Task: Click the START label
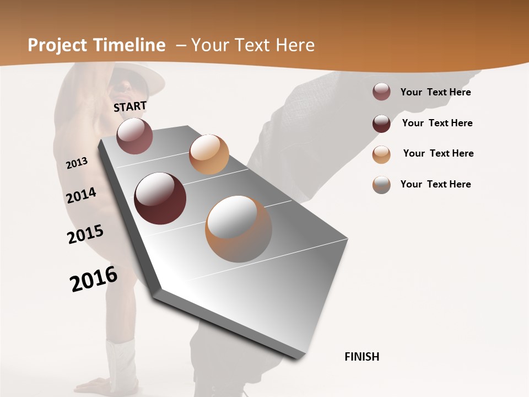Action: click(x=130, y=106)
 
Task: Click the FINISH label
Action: click(x=362, y=357)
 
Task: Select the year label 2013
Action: click(x=77, y=163)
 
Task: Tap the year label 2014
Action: click(x=81, y=196)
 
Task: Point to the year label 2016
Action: click(x=94, y=278)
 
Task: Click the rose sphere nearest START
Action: click(x=134, y=136)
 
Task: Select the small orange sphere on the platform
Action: click(x=209, y=154)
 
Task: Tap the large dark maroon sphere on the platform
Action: click(x=160, y=198)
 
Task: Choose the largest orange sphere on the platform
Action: click(x=239, y=229)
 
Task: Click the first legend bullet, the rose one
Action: click(x=381, y=92)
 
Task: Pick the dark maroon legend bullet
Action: click(x=381, y=124)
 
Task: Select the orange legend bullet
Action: click(x=381, y=154)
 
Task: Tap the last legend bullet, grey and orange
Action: click(x=381, y=185)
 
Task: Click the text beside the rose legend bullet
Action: click(x=435, y=92)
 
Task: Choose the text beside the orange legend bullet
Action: click(x=438, y=153)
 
